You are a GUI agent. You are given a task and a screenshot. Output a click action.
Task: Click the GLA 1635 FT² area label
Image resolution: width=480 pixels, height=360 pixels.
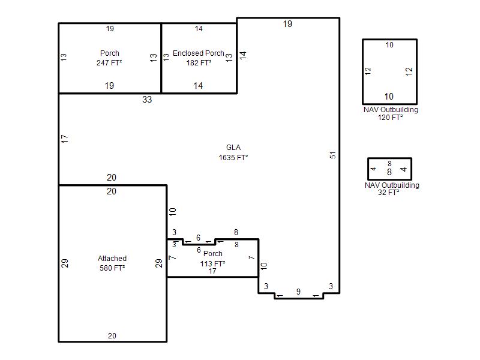(233, 152)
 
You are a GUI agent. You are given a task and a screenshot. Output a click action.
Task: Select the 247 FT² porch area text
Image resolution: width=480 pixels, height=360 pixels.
(109, 63)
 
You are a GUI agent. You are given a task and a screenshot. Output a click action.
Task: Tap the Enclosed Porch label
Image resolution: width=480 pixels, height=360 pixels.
(199, 53)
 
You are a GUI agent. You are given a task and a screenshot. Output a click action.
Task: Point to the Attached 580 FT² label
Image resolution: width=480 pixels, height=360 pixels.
(112, 263)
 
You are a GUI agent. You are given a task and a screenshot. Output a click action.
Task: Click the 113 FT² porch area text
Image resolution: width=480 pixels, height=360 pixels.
(213, 263)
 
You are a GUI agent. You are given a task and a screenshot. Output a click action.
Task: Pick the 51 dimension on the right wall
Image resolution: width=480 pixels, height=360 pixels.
(333, 155)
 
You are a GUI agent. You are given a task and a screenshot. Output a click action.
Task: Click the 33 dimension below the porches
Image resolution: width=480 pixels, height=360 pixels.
(147, 100)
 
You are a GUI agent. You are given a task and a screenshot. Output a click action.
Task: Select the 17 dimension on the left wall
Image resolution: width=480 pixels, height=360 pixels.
(65, 139)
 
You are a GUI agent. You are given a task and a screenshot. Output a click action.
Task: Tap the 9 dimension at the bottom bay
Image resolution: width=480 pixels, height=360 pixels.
(298, 292)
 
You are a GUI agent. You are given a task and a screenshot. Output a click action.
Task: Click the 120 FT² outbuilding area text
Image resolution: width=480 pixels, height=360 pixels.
(390, 118)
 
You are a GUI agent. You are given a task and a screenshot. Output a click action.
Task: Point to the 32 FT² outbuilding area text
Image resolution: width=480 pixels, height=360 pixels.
(388, 193)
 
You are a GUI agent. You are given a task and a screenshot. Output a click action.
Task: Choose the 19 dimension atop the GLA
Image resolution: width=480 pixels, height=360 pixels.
(287, 24)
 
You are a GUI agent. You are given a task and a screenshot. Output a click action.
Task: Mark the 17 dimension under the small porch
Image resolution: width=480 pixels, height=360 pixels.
(212, 271)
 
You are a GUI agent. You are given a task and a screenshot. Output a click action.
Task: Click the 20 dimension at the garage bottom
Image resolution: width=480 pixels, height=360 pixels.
(112, 336)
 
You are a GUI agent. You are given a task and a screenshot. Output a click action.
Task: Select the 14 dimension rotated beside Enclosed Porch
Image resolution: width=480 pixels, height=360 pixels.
(243, 55)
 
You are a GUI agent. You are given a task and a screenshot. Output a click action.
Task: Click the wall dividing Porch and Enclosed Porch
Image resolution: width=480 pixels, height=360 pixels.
(161, 58)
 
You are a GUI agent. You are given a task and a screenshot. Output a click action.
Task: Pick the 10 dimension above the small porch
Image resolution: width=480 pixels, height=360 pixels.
(173, 212)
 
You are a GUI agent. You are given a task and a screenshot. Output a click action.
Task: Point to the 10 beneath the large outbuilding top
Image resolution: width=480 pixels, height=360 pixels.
(389, 45)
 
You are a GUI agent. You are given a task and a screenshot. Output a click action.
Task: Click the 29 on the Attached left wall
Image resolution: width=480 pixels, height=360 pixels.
(65, 263)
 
